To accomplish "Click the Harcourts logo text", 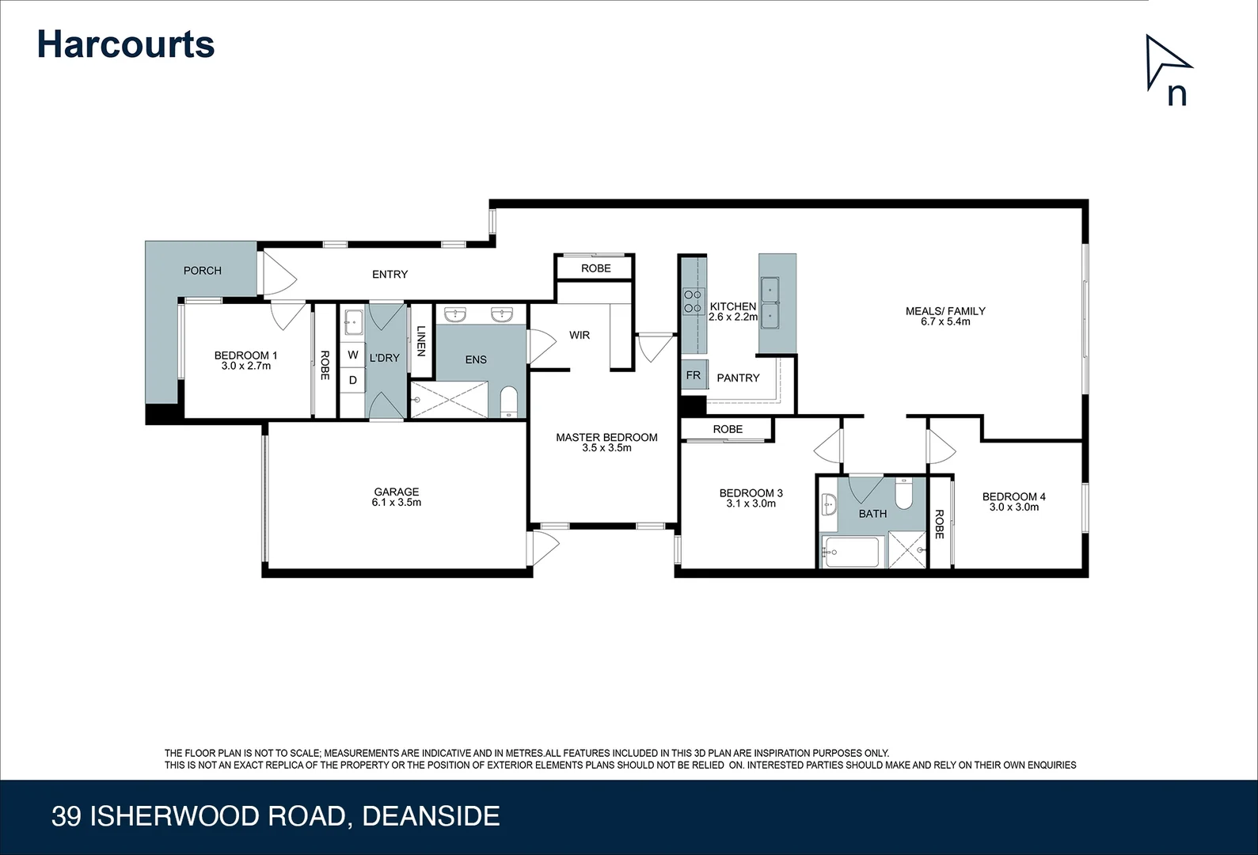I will [126, 44].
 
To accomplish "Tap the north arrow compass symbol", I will [1169, 70].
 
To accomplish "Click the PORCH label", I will [203, 271].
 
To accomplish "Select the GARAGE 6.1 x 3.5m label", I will [397, 497].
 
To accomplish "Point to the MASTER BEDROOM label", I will [606, 438].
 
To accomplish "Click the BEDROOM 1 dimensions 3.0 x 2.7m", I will [246, 367].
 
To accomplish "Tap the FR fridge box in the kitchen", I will [694, 375].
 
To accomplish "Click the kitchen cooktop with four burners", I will [694, 302].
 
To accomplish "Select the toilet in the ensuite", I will [508, 401].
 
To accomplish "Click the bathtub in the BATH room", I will [850, 552].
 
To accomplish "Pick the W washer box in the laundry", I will [353, 355].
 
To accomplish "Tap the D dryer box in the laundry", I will [353, 380].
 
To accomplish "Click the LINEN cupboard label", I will [421, 340].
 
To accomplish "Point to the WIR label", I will [580, 336].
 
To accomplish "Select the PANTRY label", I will [738, 378].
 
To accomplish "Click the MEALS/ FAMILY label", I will [945, 311].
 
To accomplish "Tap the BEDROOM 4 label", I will [1013, 497].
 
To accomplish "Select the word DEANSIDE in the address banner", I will [431, 816].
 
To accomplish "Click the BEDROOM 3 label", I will [751, 493].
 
